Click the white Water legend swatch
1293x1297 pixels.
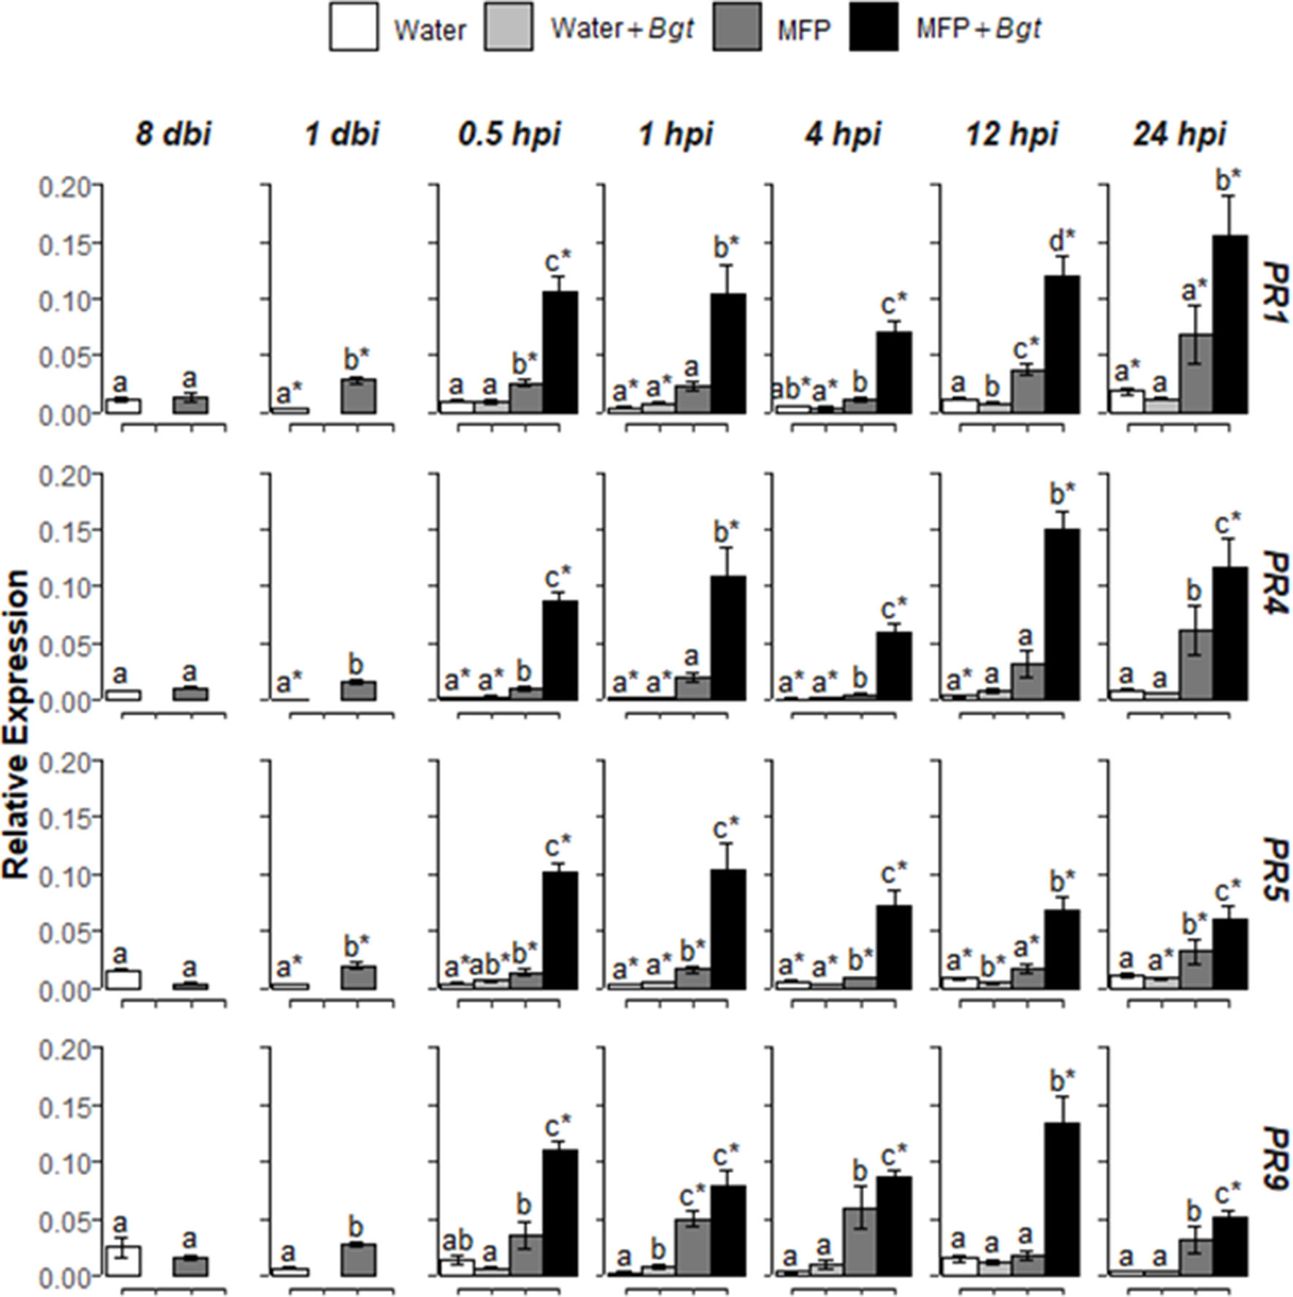pos(353,27)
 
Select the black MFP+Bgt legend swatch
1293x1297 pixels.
pos(873,27)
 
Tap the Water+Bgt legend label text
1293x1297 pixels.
pos(622,29)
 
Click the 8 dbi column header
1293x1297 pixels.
pos(173,134)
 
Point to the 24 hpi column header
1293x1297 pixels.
pos(1179,134)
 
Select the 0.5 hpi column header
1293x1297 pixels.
pos(509,134)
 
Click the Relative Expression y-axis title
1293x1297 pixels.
pos(16,724)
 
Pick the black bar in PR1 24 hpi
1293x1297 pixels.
pos(1230,325)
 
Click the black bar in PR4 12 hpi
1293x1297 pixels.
pos(1062,615)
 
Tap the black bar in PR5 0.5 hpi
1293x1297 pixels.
pos(560,931)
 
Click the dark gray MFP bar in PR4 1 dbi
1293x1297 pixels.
pos(358,690)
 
